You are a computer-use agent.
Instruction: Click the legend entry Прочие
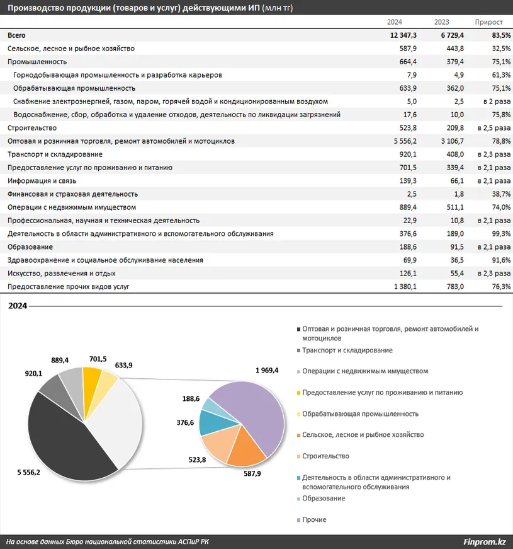coord(314,520)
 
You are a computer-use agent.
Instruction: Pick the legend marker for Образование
coord(298,499)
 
